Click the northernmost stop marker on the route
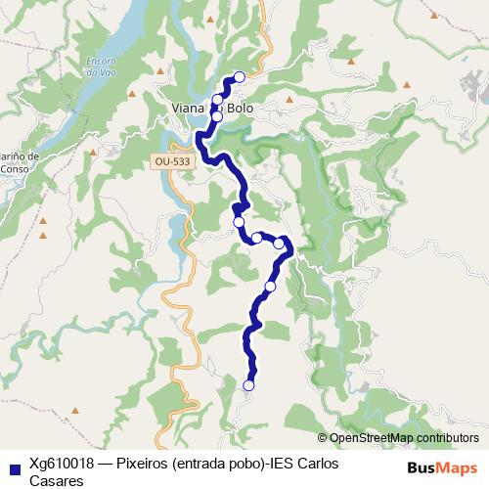[239, 77]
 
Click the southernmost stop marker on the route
[248, 385]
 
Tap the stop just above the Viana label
[218, 99]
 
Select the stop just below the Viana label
[217, 116]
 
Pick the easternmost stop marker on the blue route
[279, 243]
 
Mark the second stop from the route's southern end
[270, 287]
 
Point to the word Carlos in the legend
[317, 463]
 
